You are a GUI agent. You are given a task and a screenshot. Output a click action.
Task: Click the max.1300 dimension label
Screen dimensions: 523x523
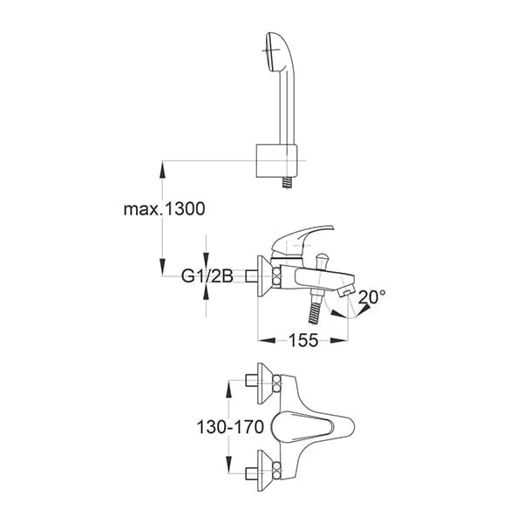pyautogui.click(x=164, y=209)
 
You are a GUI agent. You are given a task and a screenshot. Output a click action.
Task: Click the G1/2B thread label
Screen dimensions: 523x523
pyautogui.click(x=207, y=277)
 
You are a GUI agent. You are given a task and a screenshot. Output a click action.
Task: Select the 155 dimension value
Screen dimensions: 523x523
pyautogui.click(x=302, y=341)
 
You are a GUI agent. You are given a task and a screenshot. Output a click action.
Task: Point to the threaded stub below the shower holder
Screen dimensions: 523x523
pyautogui.click(x=285, y=184)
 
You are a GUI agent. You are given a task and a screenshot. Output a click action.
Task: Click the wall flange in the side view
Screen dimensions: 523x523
pyautogui.click(x=262, y=277)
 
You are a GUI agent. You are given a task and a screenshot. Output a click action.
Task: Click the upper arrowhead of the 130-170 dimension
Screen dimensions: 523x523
pyautogui.click(x=229, y=385)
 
